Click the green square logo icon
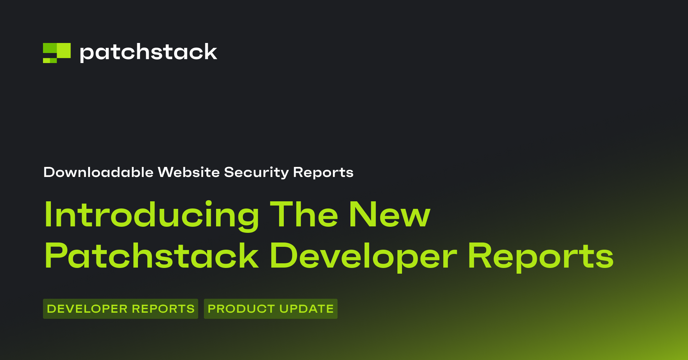point(57,53)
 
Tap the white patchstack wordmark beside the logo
point(148,52)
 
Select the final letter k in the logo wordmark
point(210,52)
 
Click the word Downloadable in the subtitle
point(99,172)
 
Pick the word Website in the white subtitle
point(189,172)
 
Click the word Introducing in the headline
point(152,215)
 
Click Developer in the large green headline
point(364,256)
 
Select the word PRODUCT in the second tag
point(241,309)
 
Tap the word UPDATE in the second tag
point(306,309)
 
